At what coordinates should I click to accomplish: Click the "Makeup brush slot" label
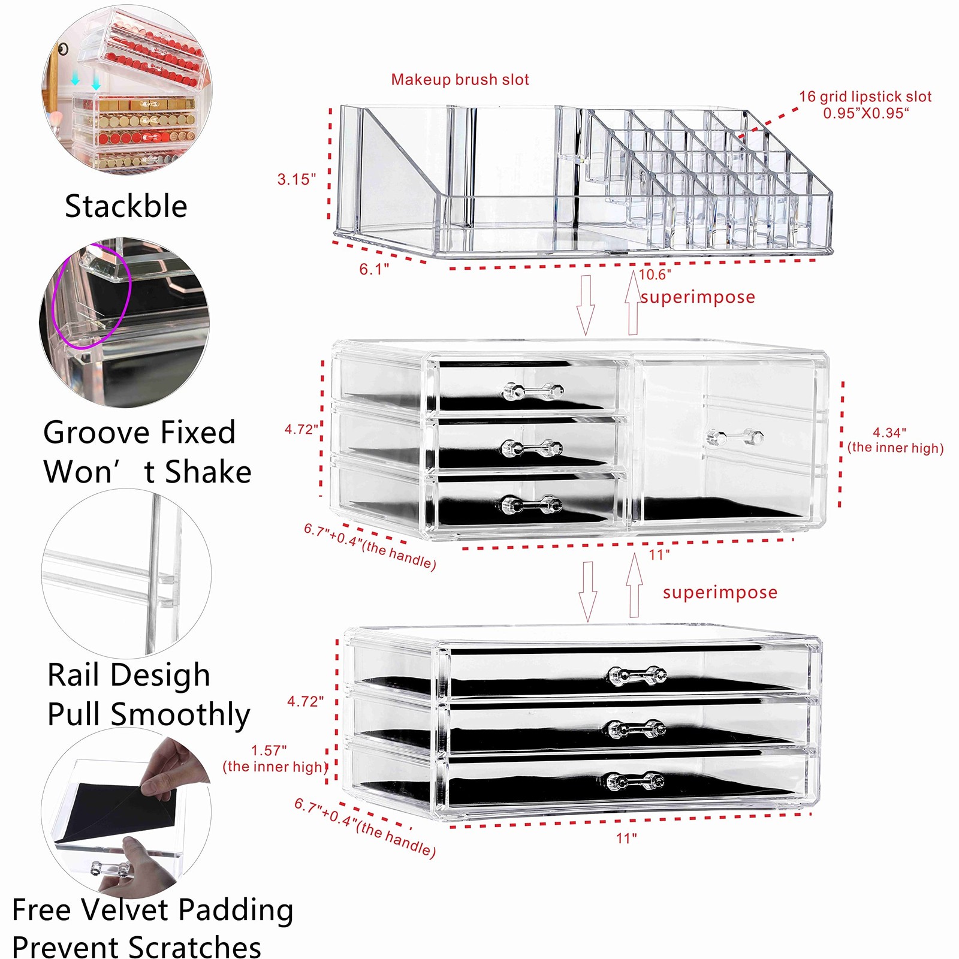tap(460, 80)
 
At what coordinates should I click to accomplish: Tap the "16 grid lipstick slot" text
tap(865, 96)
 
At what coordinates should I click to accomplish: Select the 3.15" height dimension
tap(296, 179)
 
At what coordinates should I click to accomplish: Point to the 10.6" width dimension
tap(655, 275)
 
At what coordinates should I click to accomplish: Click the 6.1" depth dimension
tap(374, 269)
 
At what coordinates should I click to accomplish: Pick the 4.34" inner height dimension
tap(889, 432)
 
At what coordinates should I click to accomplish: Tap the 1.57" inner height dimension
tap(269, 750)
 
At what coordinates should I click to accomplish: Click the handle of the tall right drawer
tap(735, 437)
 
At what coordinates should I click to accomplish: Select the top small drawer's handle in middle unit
tap(533, 391)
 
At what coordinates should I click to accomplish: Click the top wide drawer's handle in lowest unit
tap(637, 675)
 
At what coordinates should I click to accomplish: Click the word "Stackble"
tap(126, 206)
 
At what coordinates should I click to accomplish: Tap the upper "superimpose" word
tap(698, 297)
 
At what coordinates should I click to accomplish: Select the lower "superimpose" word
tap(720, 592)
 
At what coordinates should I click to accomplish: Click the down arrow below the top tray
tap(586, 306)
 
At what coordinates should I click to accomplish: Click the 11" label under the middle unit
tap(659, 554)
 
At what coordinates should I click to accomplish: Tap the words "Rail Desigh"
tap(128, 675)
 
